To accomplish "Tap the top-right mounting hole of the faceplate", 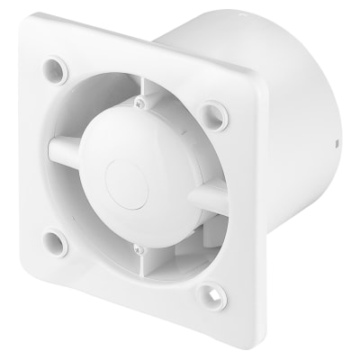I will click(211, 112).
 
